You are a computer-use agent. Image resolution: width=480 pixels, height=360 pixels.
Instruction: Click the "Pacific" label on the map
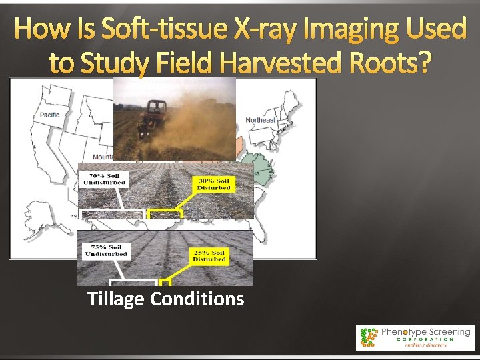(x=49, y=115)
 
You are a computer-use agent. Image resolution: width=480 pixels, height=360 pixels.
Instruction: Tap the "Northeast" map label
(x=261, y=120)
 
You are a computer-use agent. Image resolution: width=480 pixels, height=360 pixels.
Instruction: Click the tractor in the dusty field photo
(x=153, y=116)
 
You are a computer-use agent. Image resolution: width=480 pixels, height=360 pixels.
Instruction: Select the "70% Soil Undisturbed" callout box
(x=103, y=179)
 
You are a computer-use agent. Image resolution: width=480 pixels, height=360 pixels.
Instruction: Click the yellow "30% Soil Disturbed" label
(x=213, y=183)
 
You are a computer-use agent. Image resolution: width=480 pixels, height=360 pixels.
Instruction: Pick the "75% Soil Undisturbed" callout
(x=107, y=250)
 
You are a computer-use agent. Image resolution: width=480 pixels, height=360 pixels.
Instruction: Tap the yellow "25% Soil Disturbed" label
(x=209, y=255)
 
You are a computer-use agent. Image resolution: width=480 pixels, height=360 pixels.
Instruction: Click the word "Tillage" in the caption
(x=116, y=299)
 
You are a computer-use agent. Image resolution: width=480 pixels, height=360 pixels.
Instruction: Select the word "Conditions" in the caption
(x=197, y=299)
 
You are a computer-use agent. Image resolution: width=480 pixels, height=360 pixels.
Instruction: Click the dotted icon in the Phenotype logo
(x=367, y=337)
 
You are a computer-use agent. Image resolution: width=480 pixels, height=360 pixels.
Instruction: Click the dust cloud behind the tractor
(x=200, y=127)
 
